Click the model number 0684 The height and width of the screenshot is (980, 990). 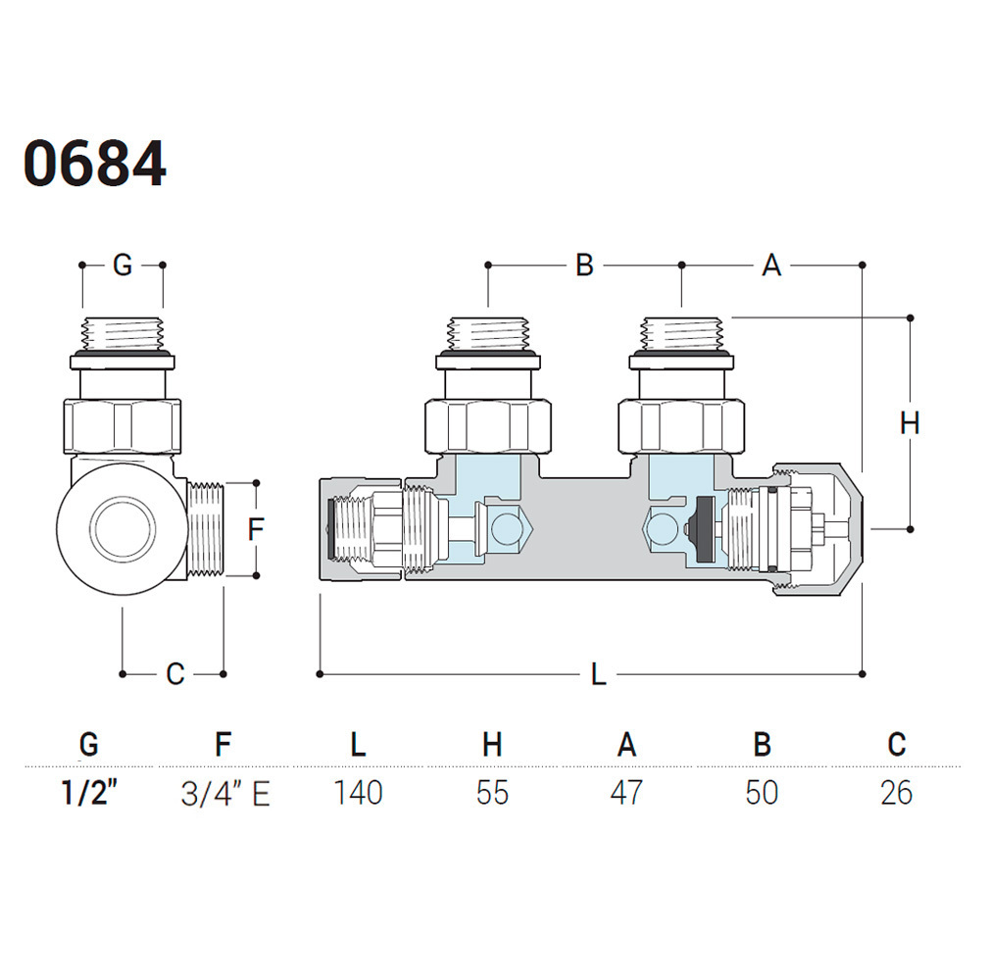(x=95, y=165)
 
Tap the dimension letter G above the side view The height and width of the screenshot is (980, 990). (x=122, y=265)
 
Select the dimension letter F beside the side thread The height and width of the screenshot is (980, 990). (x=256, y=530)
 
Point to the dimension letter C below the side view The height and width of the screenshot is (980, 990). (x=174, y=674)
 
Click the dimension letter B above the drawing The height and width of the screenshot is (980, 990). (x=584, y=265)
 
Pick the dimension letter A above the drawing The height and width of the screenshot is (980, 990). (x=771, y=265)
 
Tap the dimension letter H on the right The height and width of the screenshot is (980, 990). (x=910, y=423)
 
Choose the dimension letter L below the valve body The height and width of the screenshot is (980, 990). (x=598, y=674)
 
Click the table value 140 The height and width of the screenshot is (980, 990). (x=357, y=792)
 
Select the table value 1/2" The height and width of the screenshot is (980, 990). (x=89, y=792)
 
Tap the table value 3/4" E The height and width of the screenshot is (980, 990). (x=224, y=792)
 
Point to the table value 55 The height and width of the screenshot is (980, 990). (x=492, y=792)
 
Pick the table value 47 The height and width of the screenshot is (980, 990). (x=626, y=792)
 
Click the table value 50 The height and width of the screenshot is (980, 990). (x=762, y=792)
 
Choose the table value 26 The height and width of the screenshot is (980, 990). (x=896, y=792)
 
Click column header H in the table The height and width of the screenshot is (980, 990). (x=492, y=745)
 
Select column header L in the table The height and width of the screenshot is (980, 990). (x=358, y=745)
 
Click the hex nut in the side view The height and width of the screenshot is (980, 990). (x=123, y=425)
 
